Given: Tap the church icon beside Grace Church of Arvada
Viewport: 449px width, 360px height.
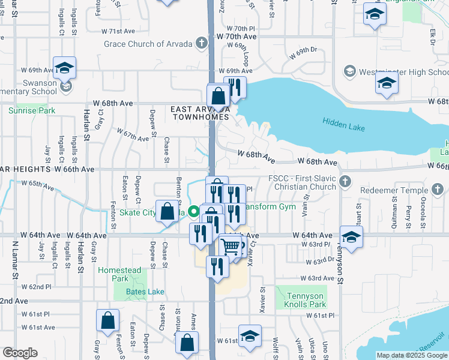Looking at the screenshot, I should point(202,43).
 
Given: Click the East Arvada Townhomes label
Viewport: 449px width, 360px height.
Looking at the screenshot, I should point(199,113).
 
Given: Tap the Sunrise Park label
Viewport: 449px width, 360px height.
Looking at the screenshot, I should point(32,110).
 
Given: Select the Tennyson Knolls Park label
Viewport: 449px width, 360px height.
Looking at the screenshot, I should point(301,301).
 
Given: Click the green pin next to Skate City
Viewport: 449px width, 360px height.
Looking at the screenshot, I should point(193,211).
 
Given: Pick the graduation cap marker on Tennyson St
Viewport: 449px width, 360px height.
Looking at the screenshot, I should point(351,235).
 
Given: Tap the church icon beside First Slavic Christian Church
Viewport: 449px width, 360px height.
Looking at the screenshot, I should point(345,181).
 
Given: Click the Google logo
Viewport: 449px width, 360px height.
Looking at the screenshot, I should point(20,353).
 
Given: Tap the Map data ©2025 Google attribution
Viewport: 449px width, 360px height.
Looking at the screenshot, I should point(412,355).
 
